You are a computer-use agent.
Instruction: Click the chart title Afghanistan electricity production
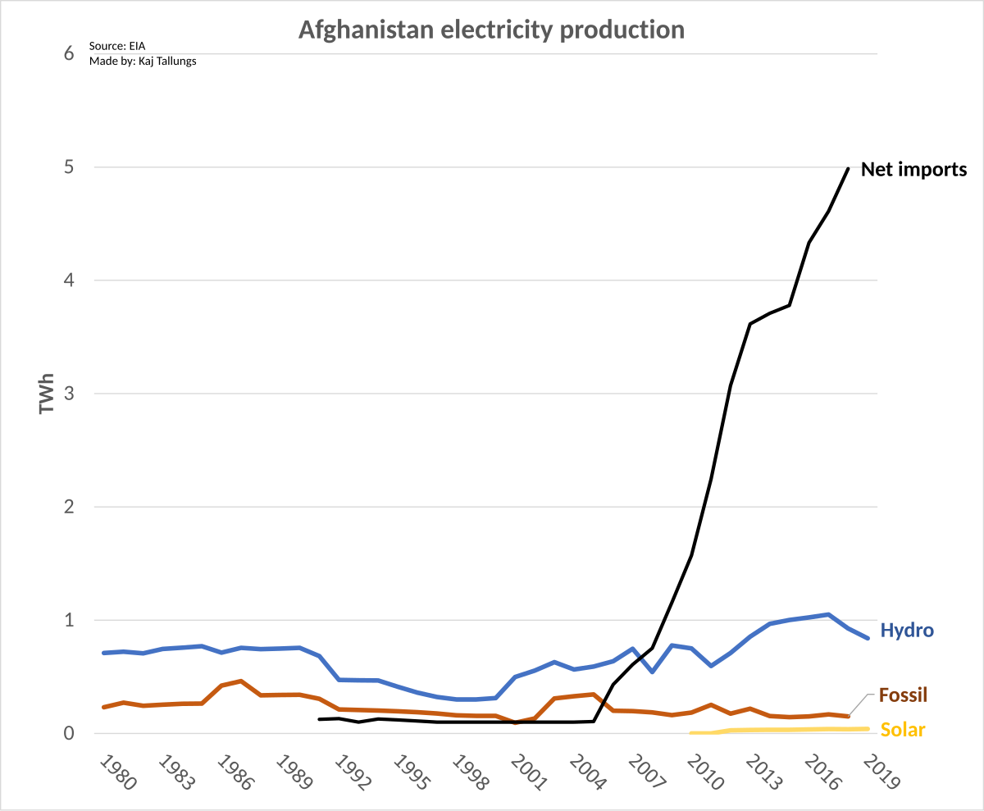491,30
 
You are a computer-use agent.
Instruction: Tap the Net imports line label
913,170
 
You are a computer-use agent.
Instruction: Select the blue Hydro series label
907,630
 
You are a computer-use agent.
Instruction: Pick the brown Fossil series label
903,695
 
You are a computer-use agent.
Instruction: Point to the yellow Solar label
902,730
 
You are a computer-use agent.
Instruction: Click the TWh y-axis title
47,394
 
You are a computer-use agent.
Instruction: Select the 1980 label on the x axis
116,772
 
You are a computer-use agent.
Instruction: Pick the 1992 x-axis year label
351,772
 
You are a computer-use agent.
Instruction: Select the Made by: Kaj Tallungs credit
143,61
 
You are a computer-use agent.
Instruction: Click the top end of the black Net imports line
848,168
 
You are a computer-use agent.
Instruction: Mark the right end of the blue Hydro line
868,637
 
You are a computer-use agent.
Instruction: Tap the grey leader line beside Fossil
859,704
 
